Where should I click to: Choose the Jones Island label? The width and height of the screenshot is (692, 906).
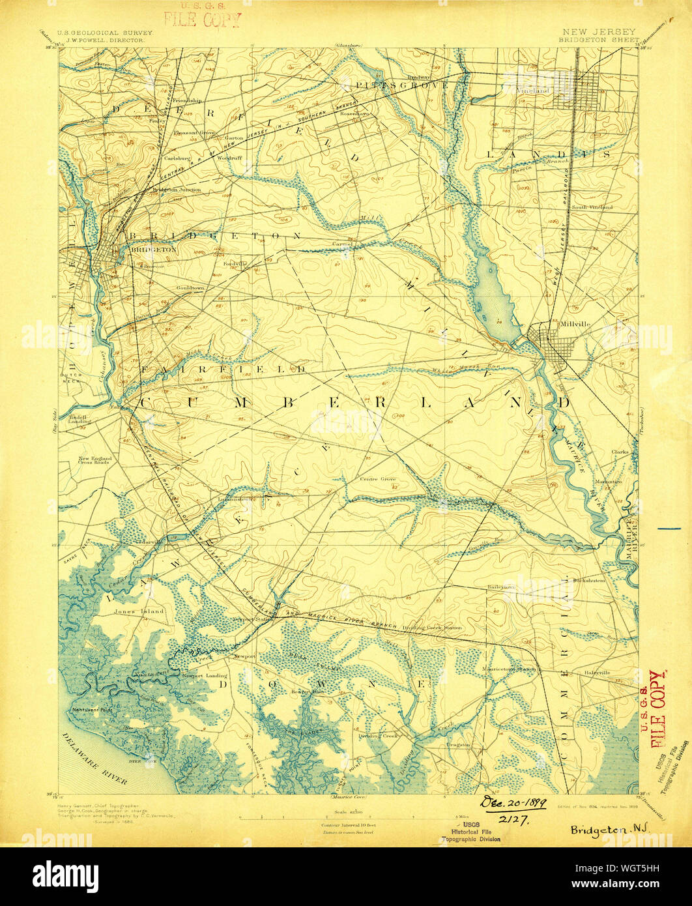[139, 611]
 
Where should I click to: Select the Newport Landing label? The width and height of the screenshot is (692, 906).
[204, 677]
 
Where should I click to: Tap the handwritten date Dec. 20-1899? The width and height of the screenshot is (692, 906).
[513, 803]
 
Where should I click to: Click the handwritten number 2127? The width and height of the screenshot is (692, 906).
[514, 820]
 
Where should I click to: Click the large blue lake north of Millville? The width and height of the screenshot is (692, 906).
[490, 293]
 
